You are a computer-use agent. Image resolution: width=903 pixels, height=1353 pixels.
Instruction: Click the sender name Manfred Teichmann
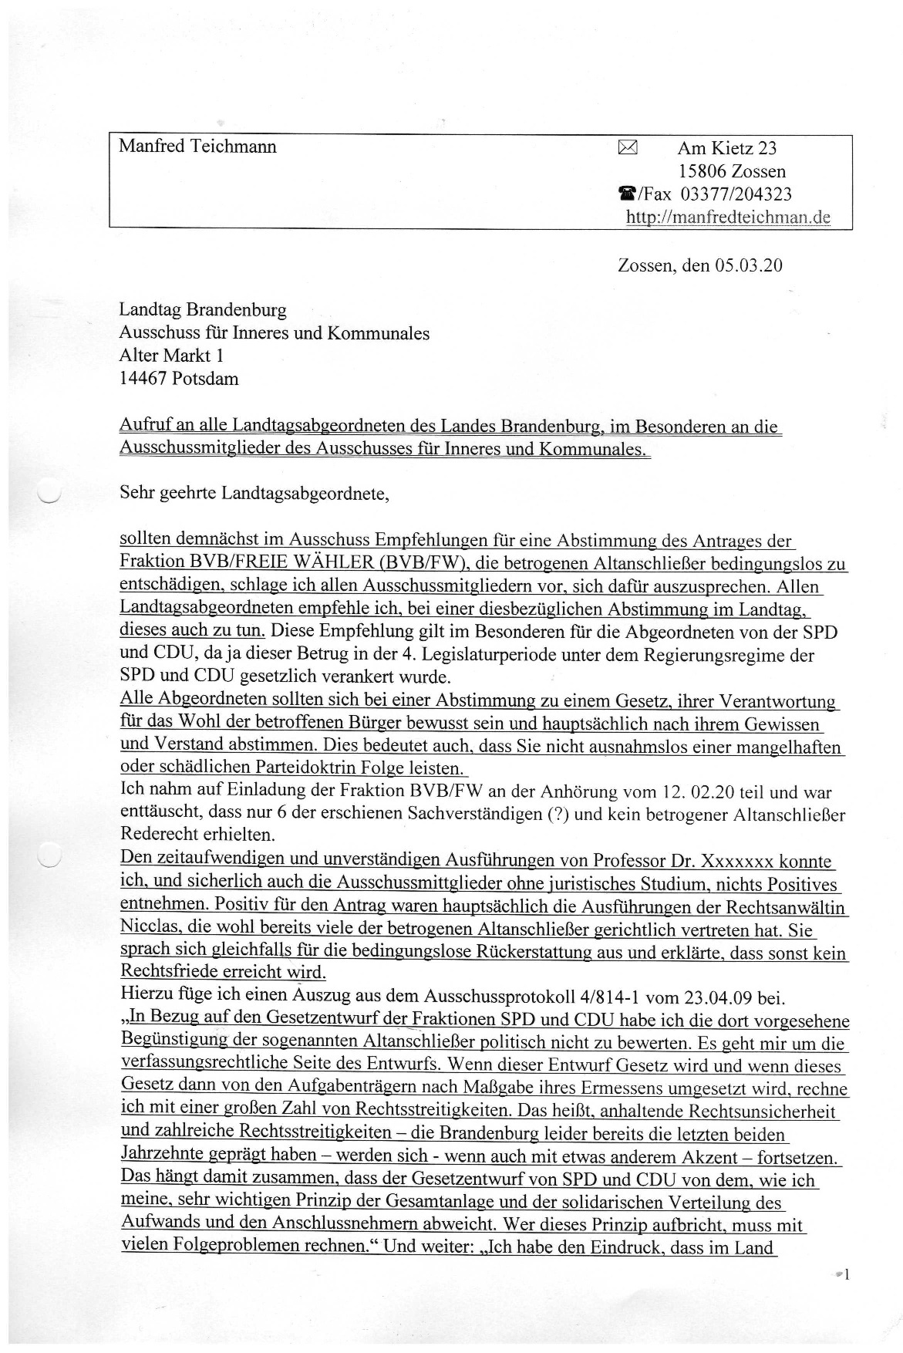click(x=197, y=147)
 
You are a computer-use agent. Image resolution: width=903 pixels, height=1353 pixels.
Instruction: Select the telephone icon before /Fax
click(x=626, y=194)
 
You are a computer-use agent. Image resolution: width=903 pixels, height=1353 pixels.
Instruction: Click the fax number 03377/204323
click(x=736, y=194)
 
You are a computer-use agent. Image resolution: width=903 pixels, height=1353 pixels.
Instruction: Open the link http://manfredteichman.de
click(x=728, y=217)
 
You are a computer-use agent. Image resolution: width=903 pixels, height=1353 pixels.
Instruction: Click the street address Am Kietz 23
click(x=727, y=148)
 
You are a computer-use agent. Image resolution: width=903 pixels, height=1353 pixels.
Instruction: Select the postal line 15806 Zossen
click(x=732, y=170)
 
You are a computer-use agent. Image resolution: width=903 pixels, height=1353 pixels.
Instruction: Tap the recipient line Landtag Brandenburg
click(x=202, y=310)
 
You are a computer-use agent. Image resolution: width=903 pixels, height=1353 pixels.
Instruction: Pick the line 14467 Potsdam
click(x=179, y=379)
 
